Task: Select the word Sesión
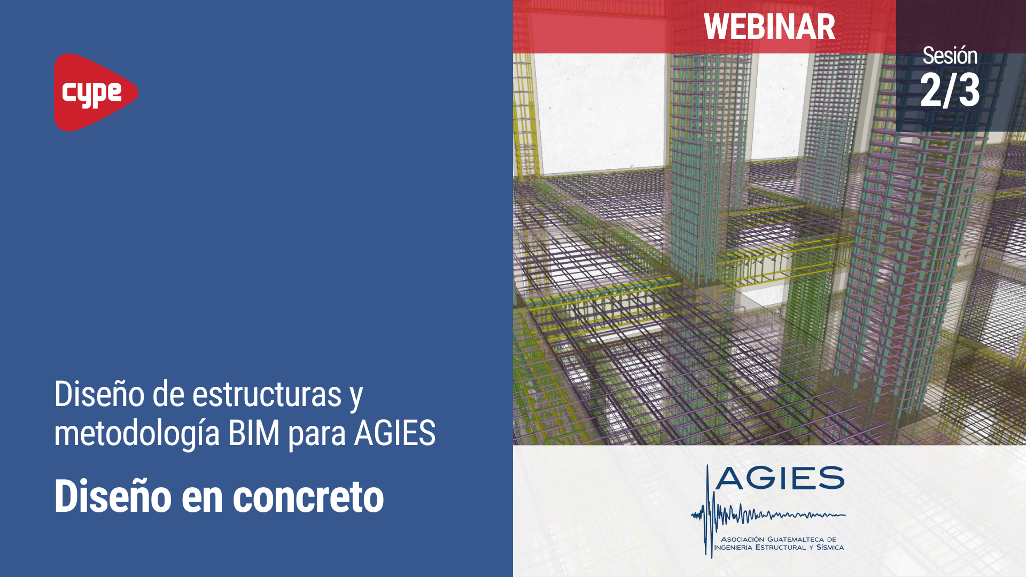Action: coord(950,56)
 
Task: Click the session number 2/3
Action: coord(950,90)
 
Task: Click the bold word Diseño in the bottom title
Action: coord(113,497)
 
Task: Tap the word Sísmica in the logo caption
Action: coord(830,547)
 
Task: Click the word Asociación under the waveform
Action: coord(743,539)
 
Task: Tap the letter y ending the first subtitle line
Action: coord(356,396)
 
